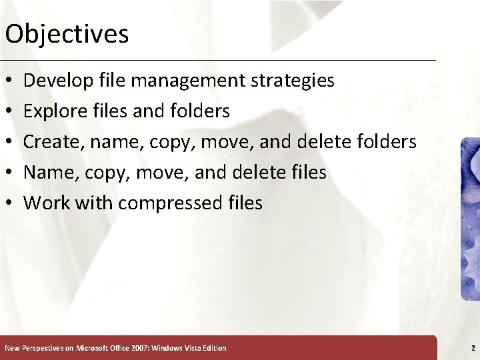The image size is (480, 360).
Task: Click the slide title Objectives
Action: (66, 34)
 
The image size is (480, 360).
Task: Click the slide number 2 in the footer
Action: (473, 348)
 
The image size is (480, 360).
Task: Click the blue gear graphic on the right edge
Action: (471, 220)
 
